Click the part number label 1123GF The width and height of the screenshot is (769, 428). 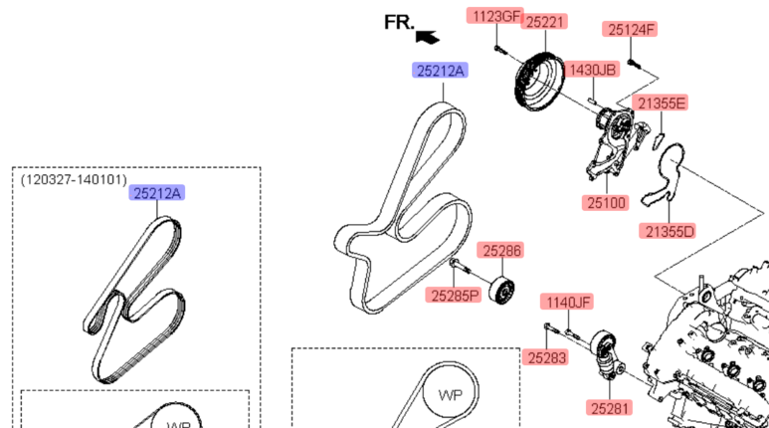495,16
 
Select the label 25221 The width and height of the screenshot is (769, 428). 545,21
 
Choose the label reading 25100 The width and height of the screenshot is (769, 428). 605,203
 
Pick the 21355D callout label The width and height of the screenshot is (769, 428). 668,232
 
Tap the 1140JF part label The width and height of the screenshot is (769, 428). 566,302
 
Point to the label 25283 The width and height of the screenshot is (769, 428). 546,356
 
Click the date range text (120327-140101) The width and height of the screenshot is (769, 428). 74,180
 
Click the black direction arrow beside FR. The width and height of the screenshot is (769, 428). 428,38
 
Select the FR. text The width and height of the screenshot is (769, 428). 399,22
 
